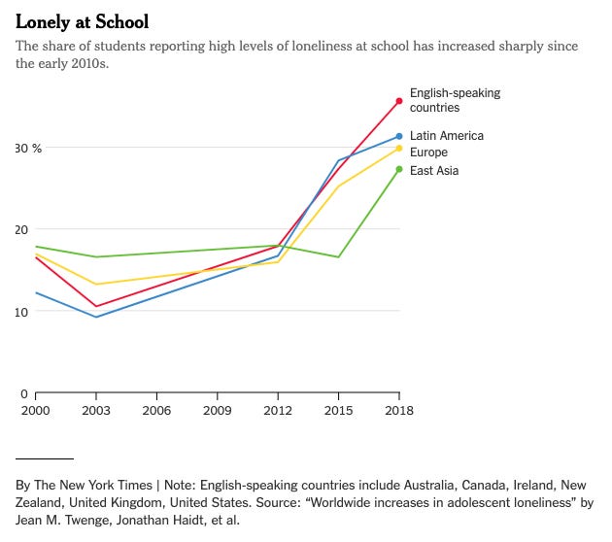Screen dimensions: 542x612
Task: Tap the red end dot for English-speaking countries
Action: pyautogui.click(x=399, y=101)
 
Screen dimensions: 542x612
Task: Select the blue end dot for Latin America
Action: pyautogui.click(x=399, y=136)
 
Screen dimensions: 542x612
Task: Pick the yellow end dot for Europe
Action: pyautogui.click(x=399, y=148)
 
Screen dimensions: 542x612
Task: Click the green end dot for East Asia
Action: pyautogui.click(x=399, y=169)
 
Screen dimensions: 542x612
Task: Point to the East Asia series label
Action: pyautogui.click(x=434, y=171)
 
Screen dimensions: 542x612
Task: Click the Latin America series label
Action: pyautogui.click(x=446, y=136)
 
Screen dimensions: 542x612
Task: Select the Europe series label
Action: pyautogui.click(x=428, y=152)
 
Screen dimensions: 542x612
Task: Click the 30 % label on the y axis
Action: pyautogui.click(x=29, y=148)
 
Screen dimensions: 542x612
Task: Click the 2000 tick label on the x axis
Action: pyautogui.click(x=35, y=410)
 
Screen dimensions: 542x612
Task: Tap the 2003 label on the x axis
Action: pyautogui.click(x=95, y=410)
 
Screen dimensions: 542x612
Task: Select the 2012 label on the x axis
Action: pyautogui.click(x=278, y=410)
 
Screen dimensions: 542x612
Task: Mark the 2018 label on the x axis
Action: pyautogui.click(x=399, y=410)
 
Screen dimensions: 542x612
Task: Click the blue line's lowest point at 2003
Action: pyautogui.click(x=95, y=317)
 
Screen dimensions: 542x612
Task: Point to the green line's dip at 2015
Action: pyautogui.click(x=338, y=256)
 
